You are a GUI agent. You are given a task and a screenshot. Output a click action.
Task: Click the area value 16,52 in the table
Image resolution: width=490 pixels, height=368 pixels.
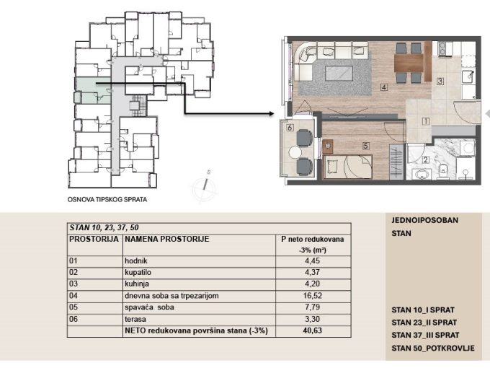(x=312, y=296)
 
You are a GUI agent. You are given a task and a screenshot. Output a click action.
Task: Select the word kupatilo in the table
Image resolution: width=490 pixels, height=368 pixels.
(x=138, y=272)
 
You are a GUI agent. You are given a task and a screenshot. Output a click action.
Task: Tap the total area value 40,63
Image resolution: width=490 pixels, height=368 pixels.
(x=312, y=330)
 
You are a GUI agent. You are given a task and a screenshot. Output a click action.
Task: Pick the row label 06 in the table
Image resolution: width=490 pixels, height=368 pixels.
(x=73, y=319)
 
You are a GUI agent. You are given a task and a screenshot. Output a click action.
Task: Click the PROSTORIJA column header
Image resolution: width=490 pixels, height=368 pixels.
(x=94, y=239)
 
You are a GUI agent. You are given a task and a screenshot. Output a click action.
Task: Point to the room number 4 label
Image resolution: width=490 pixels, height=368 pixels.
(x=384, y=87)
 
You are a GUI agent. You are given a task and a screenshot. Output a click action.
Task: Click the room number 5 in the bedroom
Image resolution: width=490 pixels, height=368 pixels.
(x=365, y=146)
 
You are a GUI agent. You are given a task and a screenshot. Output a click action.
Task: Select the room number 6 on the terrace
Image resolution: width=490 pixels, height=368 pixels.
(x=290, y=128)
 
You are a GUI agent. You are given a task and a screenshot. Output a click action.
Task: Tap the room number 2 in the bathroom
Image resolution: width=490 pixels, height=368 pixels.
(x=425, y=160)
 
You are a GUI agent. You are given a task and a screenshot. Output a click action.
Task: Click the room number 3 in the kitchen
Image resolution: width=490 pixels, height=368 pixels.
(x=440, y=81)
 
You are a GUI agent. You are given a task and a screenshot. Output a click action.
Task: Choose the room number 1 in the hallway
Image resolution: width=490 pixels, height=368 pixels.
(x=425, y=121)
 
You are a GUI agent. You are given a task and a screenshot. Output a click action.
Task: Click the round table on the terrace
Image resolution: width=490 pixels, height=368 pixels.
(x=295, y=152)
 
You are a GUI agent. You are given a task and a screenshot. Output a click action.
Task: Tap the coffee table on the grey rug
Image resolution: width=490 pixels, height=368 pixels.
(x=339, y=74)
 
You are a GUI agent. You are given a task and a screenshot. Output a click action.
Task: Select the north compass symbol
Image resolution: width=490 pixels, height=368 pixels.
(x=205, y=186)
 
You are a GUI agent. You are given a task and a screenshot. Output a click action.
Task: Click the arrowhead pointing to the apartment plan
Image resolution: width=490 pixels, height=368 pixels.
(x=271, y=113)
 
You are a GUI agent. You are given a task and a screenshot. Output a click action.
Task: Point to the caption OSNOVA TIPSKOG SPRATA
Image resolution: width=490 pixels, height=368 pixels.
(x=107, y=199)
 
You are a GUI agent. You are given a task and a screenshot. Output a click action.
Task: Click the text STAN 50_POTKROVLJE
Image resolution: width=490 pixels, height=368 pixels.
(x=433, y=348)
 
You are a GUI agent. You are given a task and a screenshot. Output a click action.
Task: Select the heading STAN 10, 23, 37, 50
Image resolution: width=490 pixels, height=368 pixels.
(x=104, y=227)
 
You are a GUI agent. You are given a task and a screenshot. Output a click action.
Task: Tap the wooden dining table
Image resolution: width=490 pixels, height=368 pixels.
(x=409, y=63)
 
